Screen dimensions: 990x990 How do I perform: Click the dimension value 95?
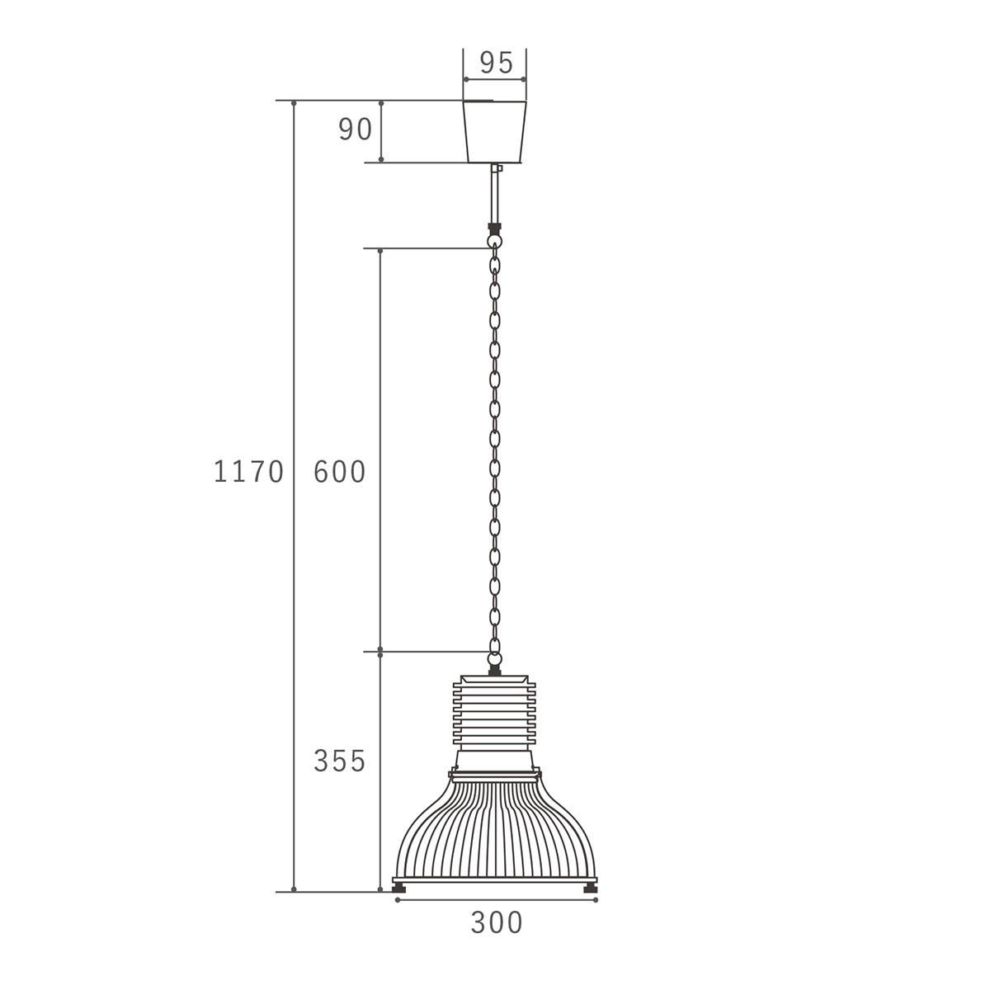[497, 64]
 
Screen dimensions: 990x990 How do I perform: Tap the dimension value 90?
[355, 130]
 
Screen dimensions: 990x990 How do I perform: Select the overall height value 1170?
[248, 472]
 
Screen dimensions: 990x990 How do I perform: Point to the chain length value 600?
[340, 472]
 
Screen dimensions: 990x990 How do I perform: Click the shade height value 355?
[340, 761]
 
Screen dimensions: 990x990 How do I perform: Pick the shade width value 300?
[497, 922]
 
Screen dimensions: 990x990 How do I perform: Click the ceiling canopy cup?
[495, 131]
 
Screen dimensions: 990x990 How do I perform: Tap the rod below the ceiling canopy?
[495, 193]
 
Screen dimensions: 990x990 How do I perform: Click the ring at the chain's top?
[495, 241]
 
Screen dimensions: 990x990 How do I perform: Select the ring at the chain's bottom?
[495, 658]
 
